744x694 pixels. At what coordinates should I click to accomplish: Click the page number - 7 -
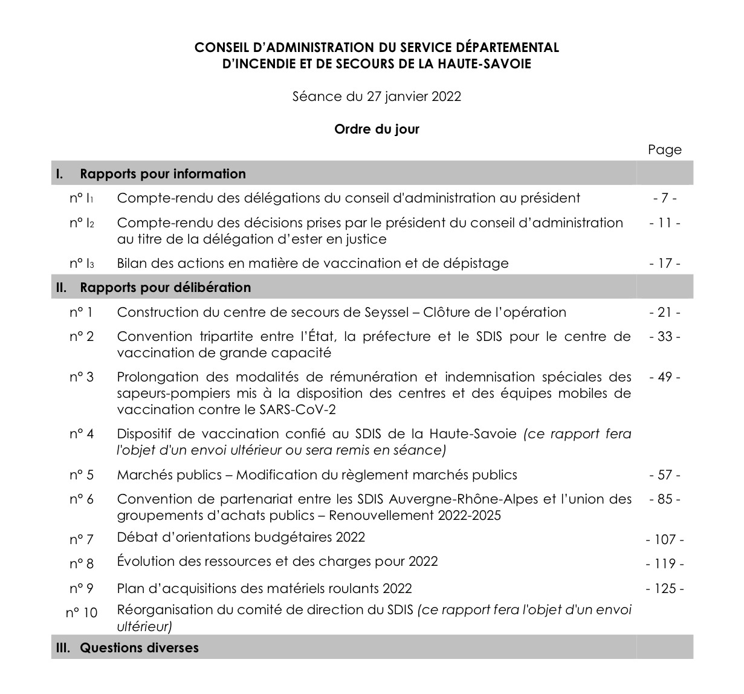(x=664, y=198)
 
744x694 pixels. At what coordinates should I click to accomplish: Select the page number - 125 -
(x=664, y=589)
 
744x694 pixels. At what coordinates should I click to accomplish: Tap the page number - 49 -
(x=664, y=377)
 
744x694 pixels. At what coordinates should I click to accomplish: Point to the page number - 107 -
(x=664, y=539)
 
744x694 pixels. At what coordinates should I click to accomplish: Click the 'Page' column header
(x=664, y=150)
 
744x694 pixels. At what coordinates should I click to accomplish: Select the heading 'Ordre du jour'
(x=377, y=129)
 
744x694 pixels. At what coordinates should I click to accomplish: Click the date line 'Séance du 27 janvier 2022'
(x=377, y=97)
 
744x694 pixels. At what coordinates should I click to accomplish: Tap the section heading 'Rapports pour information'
(x=163, y=174)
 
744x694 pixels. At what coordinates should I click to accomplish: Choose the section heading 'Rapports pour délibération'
(x=165, y=287)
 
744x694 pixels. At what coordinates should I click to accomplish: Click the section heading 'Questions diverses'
(x=139, y=647)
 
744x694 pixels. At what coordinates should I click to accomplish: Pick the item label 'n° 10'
(x=81, y=612)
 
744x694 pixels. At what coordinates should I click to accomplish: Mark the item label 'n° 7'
(x=81, y=539)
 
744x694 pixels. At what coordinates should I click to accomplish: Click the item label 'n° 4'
(x=81, y=434)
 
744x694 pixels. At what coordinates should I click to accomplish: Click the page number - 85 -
(x=664, y=499)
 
